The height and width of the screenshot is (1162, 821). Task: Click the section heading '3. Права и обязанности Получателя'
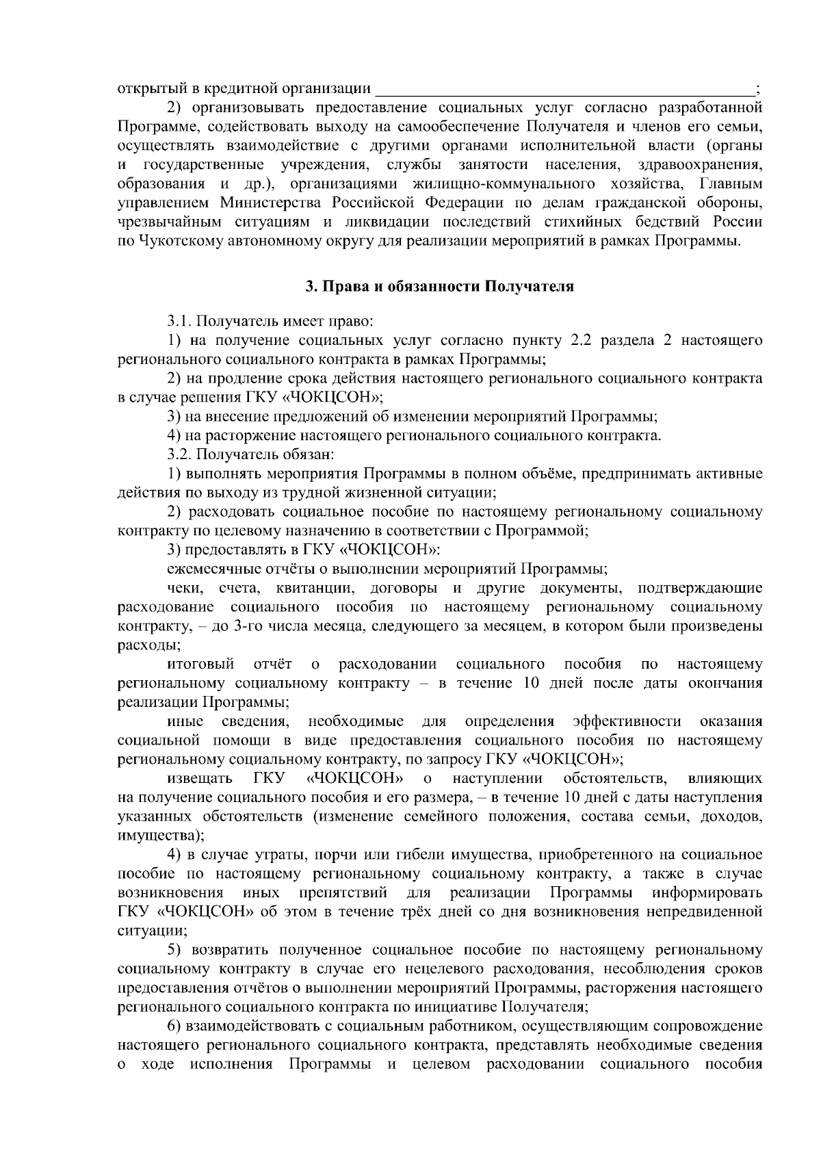coord(439,287)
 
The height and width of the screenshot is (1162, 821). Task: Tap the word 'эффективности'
coord(627,721)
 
